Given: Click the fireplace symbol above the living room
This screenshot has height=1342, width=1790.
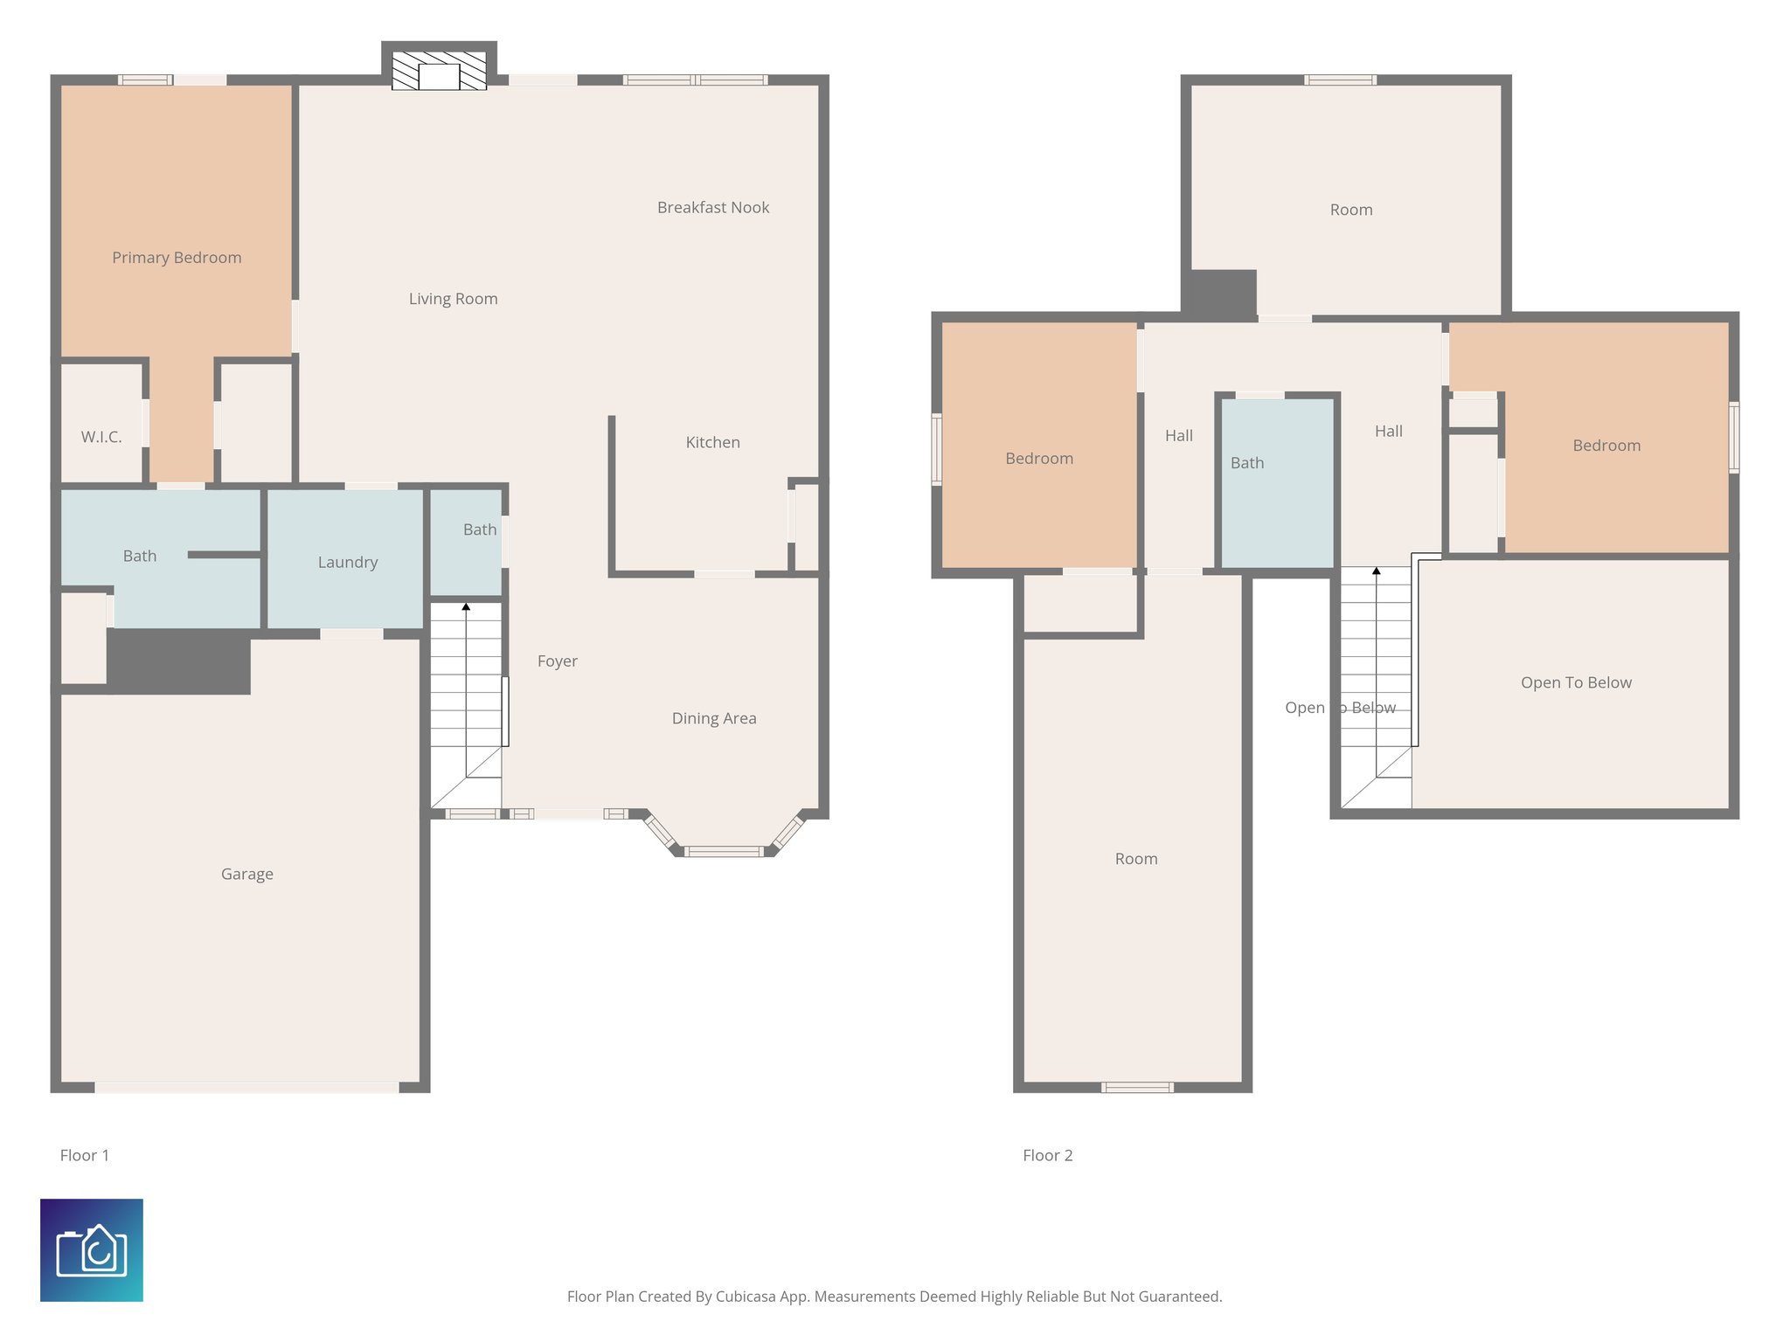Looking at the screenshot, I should click(439, 71).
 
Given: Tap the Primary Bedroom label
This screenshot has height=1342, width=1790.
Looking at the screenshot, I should click(177, 258).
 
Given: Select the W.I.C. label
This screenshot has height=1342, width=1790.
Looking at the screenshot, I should click(101, 437).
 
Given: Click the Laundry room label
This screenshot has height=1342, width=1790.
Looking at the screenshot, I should click(348, 562).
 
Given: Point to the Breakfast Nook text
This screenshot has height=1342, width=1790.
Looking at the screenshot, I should click(713, 207).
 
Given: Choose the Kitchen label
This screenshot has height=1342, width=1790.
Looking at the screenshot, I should click(712, 442).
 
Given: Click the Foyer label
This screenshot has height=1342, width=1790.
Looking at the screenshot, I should click(557, 661).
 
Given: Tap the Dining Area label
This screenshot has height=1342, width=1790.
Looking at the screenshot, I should click(714, 718).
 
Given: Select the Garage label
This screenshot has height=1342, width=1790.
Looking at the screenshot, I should click(246, 874).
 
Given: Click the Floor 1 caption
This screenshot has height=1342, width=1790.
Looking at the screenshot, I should click(85, 1155).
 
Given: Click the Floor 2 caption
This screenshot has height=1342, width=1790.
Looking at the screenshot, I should click(1047, 1155).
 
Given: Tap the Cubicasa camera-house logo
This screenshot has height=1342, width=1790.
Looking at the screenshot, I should click(92, 1250).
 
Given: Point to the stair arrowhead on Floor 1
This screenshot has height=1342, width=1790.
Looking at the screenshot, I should click(466, 606).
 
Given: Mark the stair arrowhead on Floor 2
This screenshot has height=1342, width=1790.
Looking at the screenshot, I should click(1376, 571).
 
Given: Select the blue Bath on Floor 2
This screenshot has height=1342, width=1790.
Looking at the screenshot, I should click(1276, 481).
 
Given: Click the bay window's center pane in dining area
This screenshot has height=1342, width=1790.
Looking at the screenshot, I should click(724, 851).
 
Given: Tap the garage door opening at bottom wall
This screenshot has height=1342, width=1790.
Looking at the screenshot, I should click(246, 1088).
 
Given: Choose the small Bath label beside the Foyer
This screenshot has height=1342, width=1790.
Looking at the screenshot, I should click(479, 529).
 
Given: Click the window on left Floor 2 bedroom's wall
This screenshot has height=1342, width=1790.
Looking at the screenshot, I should click(937, 449).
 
